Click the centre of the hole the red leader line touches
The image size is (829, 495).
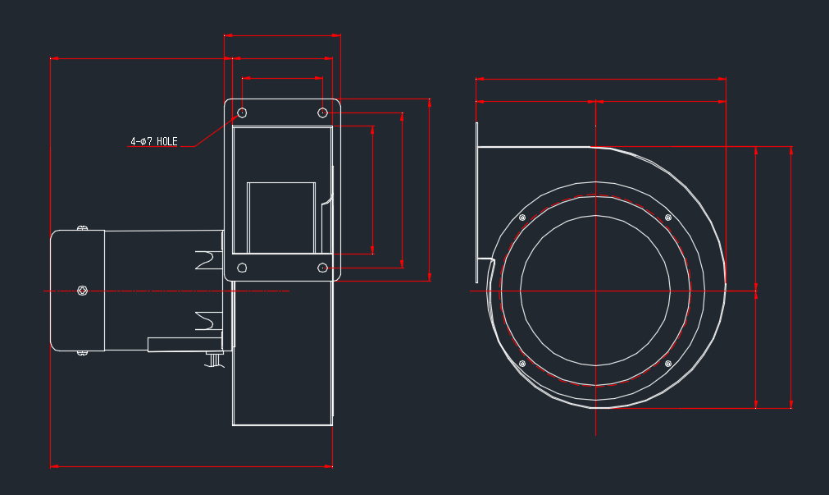click(x=242, y=112)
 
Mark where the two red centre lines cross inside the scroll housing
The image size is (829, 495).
click(x=596, y=291)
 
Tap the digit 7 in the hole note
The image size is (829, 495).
click(x=149, y=141)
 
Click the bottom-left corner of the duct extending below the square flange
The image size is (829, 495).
click(x=233, y=425)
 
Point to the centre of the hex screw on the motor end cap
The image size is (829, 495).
click(x=82, y=291)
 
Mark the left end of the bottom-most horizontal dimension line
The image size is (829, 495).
click(x=51, y=466)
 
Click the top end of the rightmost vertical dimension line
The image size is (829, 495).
click(x=791, y=147)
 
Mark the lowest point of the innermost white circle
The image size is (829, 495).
click(x=596, y=366)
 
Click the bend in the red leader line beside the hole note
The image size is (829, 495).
click(x=194, y=146)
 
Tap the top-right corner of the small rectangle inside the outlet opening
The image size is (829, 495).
click(x=315, y=182)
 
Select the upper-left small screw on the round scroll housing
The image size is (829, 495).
click(x=522, y=218)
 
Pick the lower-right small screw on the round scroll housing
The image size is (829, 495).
click(x=668, y=364)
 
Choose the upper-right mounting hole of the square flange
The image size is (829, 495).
click(x=322, y=112)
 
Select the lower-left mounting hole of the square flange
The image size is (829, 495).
click(x=242, y=268)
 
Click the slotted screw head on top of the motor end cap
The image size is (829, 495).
click(x=83, y=228)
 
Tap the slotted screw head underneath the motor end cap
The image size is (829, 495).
click(x=83, y=353)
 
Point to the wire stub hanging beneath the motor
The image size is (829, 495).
click(x=215, y=360)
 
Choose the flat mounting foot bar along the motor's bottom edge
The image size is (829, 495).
click(x=185, y=345)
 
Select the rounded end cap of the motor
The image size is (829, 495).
click(x=78, y=291)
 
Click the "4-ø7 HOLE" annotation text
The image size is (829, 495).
click(x=154, y=141)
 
